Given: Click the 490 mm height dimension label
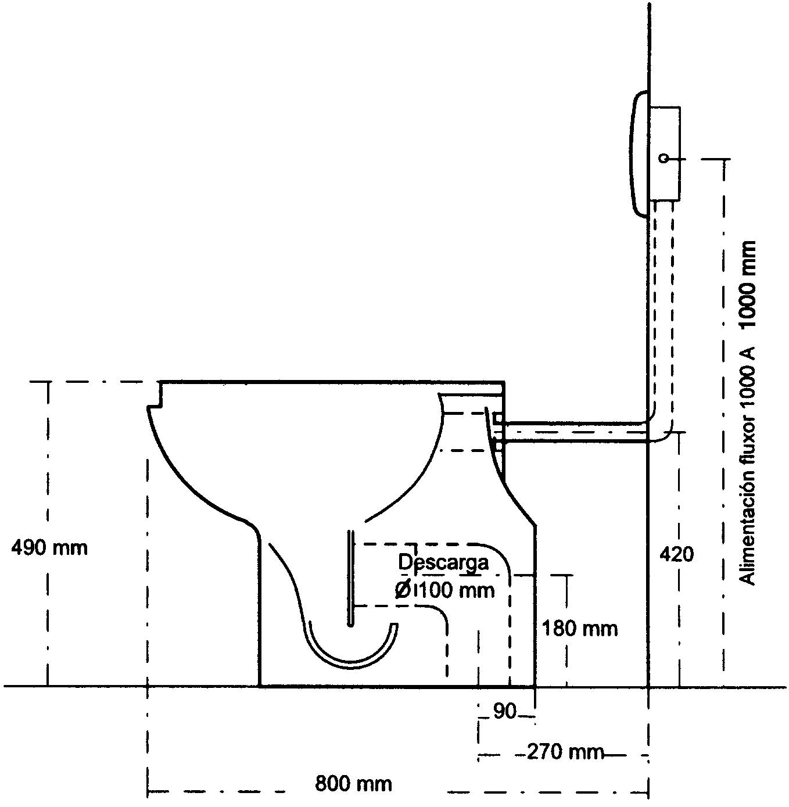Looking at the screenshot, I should click(x=49, y=547).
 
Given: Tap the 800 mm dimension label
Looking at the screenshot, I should click(x=353, y=784).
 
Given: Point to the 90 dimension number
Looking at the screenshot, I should click(x=504, y=711).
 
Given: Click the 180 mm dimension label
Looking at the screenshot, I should click(x=580, y=628).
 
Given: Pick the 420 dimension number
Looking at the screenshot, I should click(x=676, y=554).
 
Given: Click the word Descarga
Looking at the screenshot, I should click(x=443, y=562).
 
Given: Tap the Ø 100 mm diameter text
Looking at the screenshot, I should click(x=444, y=590).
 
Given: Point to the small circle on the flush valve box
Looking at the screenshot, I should click(x=663, y=158).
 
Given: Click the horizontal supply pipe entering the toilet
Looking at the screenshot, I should click(x=575, y=433).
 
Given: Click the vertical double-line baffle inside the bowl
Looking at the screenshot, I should click(x=350, y=578).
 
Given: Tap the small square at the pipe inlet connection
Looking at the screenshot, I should click(x=497, y=418).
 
